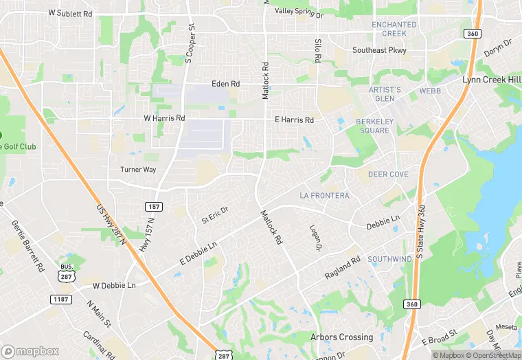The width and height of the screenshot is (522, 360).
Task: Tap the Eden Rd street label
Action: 225,84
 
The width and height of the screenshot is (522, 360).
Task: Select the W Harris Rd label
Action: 164,118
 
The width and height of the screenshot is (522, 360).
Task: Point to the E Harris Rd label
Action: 294,120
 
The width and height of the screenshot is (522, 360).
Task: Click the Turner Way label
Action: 138,170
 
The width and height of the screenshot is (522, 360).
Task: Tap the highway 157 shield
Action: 153,206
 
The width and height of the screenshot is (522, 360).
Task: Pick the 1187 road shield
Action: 60,299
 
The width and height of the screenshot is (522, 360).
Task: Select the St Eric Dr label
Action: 215,215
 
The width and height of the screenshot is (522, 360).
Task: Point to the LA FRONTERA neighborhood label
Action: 324,196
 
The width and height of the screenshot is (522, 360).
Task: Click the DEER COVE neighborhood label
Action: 388,175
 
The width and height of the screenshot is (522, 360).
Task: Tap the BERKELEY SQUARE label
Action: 373,126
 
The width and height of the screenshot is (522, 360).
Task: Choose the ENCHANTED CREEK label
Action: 394,29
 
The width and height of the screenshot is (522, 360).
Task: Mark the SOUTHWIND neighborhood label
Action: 389,259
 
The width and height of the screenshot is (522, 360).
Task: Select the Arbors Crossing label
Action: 342,337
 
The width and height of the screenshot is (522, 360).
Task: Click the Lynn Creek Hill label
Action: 491,80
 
